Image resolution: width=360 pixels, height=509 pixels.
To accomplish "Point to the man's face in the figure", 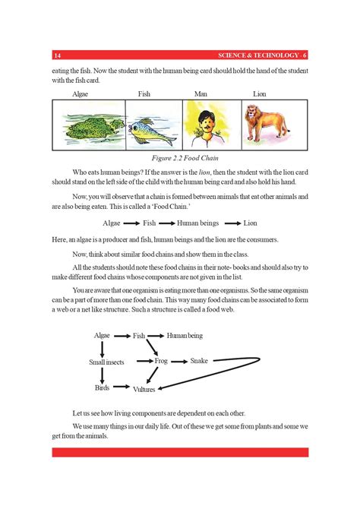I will [x=204, y=122].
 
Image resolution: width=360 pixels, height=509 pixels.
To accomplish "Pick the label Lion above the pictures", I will [x=259, y=94].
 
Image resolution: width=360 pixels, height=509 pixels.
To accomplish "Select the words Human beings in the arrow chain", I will [x=197, y=223].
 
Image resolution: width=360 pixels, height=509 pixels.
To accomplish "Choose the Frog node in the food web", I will [x=160, y=361].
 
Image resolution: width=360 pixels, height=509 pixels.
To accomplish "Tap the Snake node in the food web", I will [x=199, y=360].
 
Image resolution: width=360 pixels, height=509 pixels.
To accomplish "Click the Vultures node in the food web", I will [x=144, y=390].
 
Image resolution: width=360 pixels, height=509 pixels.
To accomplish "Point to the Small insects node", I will [x=106, y=362].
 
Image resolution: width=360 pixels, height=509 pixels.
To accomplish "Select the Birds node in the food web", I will [x=102, y=387].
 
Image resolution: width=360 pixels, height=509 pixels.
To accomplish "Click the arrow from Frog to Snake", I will [x=179, y=361].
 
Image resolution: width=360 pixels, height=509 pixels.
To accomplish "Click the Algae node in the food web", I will [x=102, y=335].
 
